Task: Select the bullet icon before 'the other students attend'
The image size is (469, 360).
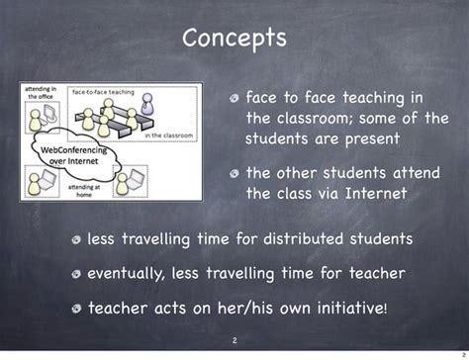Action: pos(234,174)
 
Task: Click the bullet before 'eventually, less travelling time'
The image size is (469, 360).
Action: pos(76,274)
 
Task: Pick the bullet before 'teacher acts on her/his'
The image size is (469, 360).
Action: pos(76,309)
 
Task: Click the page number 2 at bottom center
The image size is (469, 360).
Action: pos(234,341)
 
